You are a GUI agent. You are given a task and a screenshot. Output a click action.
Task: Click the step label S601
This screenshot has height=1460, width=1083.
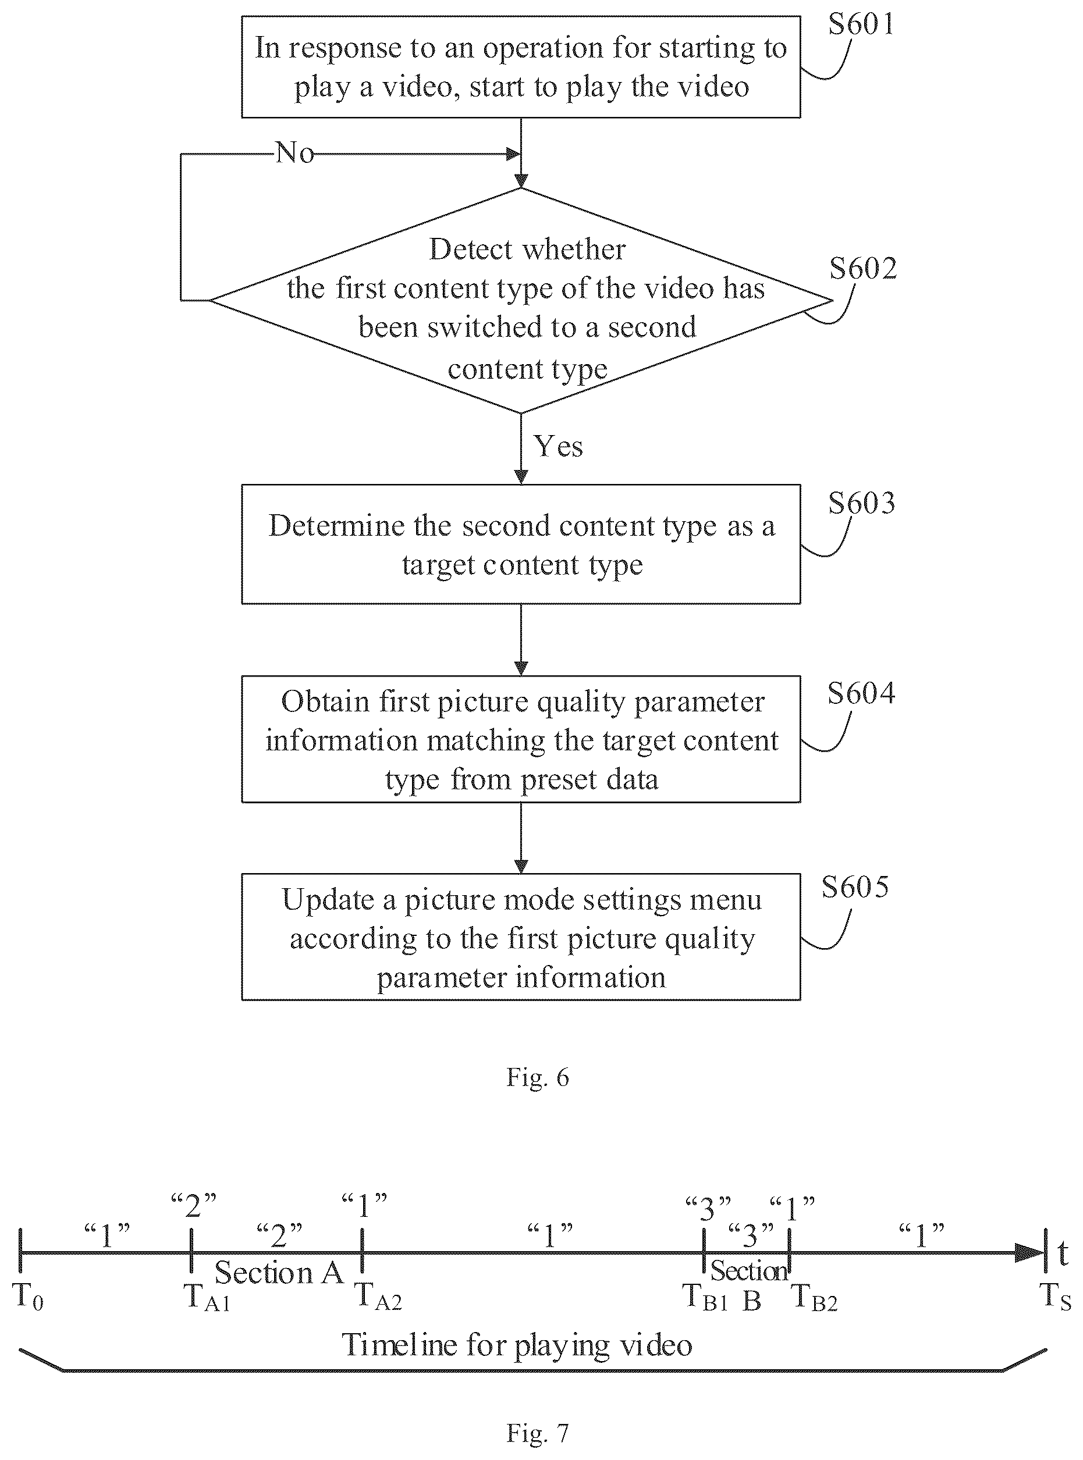[x=861, y=24]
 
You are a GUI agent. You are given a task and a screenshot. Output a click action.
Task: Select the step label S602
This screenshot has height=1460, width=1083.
[x=862, y=268]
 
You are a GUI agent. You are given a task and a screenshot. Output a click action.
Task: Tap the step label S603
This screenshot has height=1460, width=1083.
[x=861, y=503]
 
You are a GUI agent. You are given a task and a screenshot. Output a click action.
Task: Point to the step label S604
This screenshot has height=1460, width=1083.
[x=861, y=693]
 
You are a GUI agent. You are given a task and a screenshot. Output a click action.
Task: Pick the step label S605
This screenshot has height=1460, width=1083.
[x=855, y=886]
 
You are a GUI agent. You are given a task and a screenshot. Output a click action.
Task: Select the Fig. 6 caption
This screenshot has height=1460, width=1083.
[x=538, y=1077]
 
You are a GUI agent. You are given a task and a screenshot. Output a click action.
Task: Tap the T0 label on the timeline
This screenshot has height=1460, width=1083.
[x=28, y=1295]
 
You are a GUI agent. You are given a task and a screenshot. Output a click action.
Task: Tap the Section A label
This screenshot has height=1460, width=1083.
[x=279, y=1273]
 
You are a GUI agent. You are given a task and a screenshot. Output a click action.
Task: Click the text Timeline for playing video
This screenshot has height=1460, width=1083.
[x=517, y=1345]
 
